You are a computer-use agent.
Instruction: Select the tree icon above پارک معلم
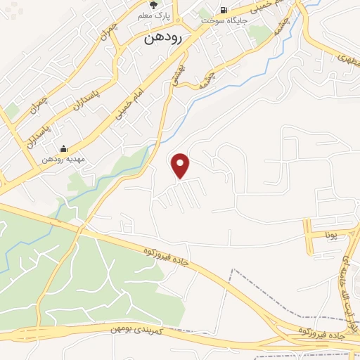pyautogui.click(x=153, y=5)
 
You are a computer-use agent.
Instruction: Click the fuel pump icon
pyautogui.click(x=224, y=11)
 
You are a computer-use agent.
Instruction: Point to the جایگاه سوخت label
pyautogui.click(x=224, y=21)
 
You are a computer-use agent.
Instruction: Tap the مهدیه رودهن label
pyautogui.click(x=64, y=160)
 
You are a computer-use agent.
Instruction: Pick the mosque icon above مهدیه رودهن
pyautogui.click(x=64, y=148)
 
